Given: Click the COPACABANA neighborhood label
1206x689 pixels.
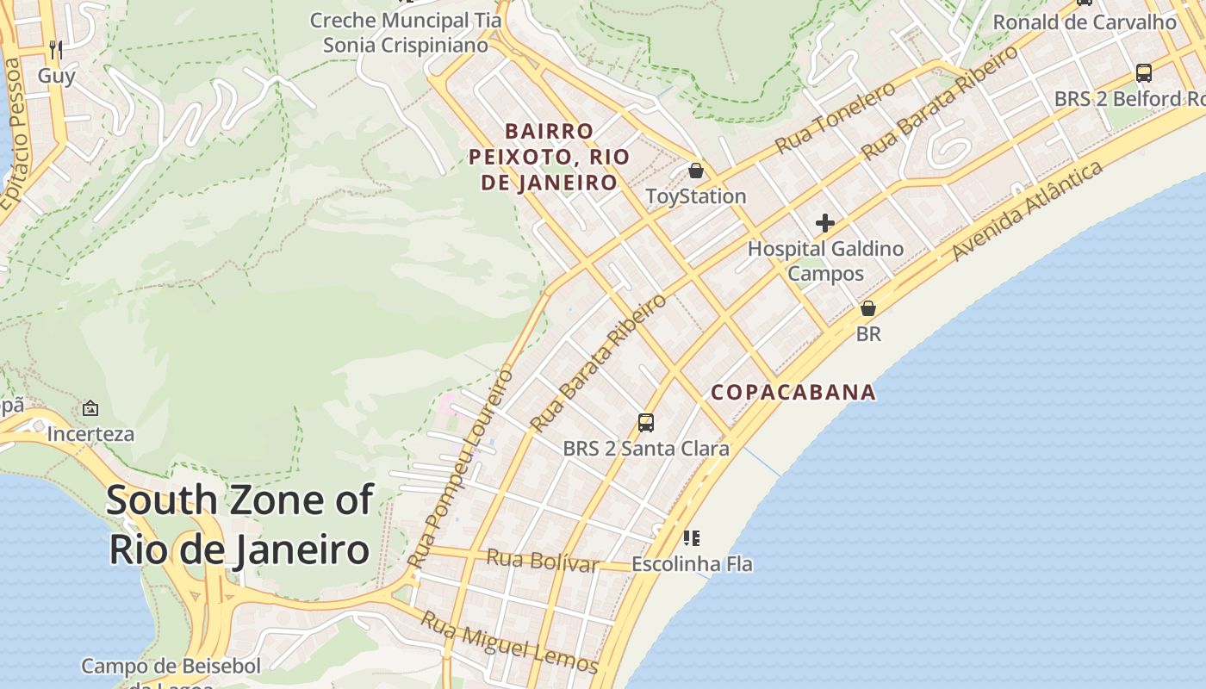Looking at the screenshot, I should point(793,393).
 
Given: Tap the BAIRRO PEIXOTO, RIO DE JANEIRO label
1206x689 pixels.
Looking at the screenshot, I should point(549,157).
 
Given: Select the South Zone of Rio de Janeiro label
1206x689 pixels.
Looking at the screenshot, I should point(240,525).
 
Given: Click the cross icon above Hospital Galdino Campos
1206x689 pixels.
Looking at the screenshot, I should point(824,223).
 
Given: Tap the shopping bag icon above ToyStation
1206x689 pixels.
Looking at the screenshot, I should point(695,171).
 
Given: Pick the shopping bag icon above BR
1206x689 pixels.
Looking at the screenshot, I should point(868,308).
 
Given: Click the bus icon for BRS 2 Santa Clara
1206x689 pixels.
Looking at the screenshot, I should point(645,422).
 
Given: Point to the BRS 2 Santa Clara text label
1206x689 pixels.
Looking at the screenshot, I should point(645,449).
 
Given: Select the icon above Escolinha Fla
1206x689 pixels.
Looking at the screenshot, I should point(691,538).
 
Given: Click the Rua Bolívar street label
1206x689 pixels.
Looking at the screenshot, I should point(542,560).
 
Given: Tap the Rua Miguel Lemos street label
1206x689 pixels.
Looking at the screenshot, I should point(508,642).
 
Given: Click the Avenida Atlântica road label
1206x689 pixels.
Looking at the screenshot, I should point(1027,210).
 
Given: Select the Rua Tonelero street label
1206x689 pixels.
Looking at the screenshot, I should point(835,119).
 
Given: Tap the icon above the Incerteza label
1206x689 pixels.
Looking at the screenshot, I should point(90,408).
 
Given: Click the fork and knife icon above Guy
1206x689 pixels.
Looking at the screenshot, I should point(56,49).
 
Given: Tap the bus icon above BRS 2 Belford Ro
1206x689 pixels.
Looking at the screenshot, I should point(1143,73).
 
